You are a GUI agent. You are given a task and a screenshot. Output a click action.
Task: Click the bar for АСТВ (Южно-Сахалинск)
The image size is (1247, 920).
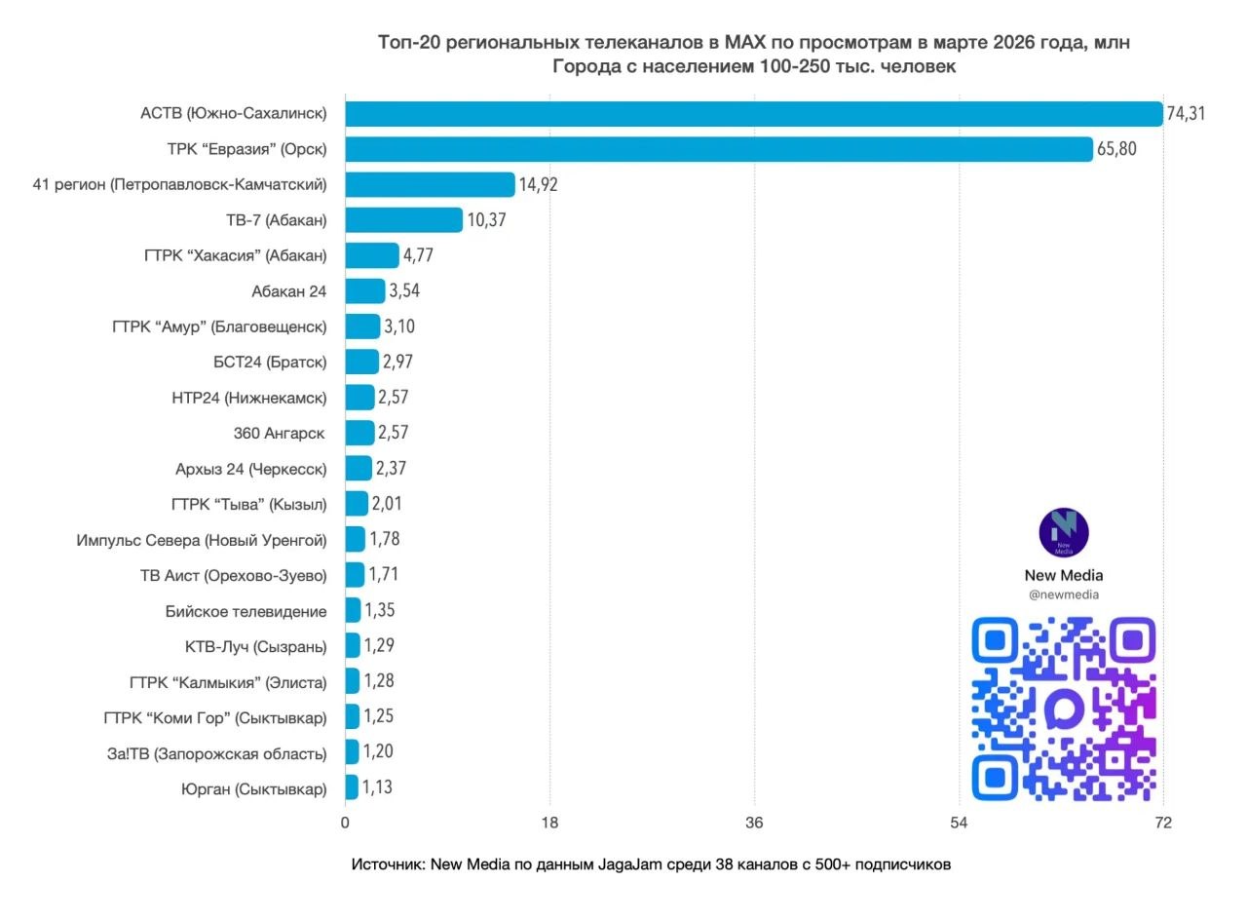[x=753, y=114]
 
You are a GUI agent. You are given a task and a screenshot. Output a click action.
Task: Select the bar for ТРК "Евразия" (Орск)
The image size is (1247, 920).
[x=718, y=149]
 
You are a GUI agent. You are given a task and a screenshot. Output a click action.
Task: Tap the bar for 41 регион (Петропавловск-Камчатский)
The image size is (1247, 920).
[x=430, y=185]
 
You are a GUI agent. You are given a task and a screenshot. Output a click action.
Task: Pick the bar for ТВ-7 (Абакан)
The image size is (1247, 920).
[x=403, y=220]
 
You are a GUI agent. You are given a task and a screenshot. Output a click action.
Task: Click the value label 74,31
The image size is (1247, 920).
[x=1186, y=113]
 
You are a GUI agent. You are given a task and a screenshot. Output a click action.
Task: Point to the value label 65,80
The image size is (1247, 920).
[x=1116, y=149]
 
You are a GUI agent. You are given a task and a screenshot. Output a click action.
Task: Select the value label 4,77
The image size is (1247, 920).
[x=418, y=255]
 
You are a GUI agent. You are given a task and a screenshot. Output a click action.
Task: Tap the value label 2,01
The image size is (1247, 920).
[x=387, y=504]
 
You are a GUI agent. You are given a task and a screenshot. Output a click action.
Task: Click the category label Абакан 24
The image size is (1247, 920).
[x=289, y=290]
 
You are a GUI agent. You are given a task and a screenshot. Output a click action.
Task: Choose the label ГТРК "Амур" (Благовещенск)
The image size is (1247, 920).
[x=220, y=326]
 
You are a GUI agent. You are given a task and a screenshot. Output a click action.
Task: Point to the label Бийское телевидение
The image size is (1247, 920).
[x=246, y=611]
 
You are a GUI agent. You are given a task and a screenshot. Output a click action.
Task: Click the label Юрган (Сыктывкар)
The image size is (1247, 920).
[x=254, y=788]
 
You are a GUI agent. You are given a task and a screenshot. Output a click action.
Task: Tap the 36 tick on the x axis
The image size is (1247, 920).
[x=754, y=824]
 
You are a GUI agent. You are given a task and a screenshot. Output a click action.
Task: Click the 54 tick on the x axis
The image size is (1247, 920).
[x=959, y=824]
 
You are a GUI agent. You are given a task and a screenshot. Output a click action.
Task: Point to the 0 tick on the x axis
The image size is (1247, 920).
[x=345, y=824]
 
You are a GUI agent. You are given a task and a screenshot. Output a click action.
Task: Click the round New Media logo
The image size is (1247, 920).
[x=1064, y=532]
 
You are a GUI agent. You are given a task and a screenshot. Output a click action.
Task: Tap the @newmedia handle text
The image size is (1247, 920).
[x=1064, y=594]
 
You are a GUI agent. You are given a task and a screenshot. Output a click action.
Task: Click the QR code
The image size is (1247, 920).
[x=1064, y=709]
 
